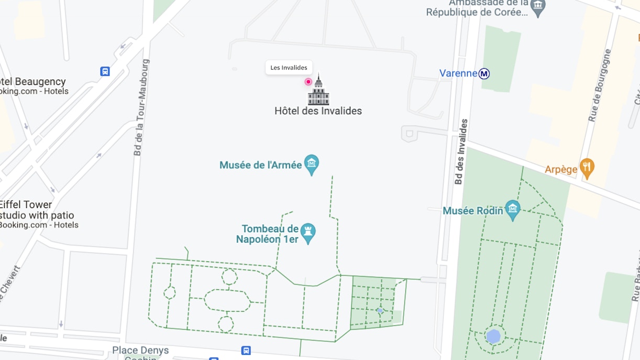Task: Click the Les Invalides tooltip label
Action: pyautogui.click(x=289, y=68)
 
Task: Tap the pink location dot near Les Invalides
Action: pyautogui.click(x=308, y=82)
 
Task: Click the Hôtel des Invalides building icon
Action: pyautogui.click(x=318, y=91)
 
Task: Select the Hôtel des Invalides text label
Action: pyautogui.click(x=318, y=111)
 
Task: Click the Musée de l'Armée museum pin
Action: pyautogui.click(x=312, y=165)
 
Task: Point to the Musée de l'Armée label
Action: pyautogui.click(x=261, y=165)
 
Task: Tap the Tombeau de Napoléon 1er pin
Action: pyautogui.click(x=308, y=234)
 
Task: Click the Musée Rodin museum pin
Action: pyautogui.click(x=513, y=210)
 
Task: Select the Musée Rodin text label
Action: pyautogui.click(x=473, y=211)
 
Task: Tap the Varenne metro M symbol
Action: pyautogui.click(x=484, y=74)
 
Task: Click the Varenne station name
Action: pyautogui.click(x=458, y=73)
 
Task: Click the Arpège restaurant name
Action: pyautogui.click(x=561, y=169)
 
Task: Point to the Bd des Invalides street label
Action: pyautogui.click(x=461, y=152)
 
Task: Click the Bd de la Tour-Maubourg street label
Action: pyautogui.click(x=139, y=107)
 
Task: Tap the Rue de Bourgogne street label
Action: pyautogui.click(x=600, y=85)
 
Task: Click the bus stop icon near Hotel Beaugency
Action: pyautogui.click(x=105, y=71)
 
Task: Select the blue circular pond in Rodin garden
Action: pyautogui.click(x=493, y=336)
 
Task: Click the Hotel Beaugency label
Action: pyautogui.click(x=32, y=82)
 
